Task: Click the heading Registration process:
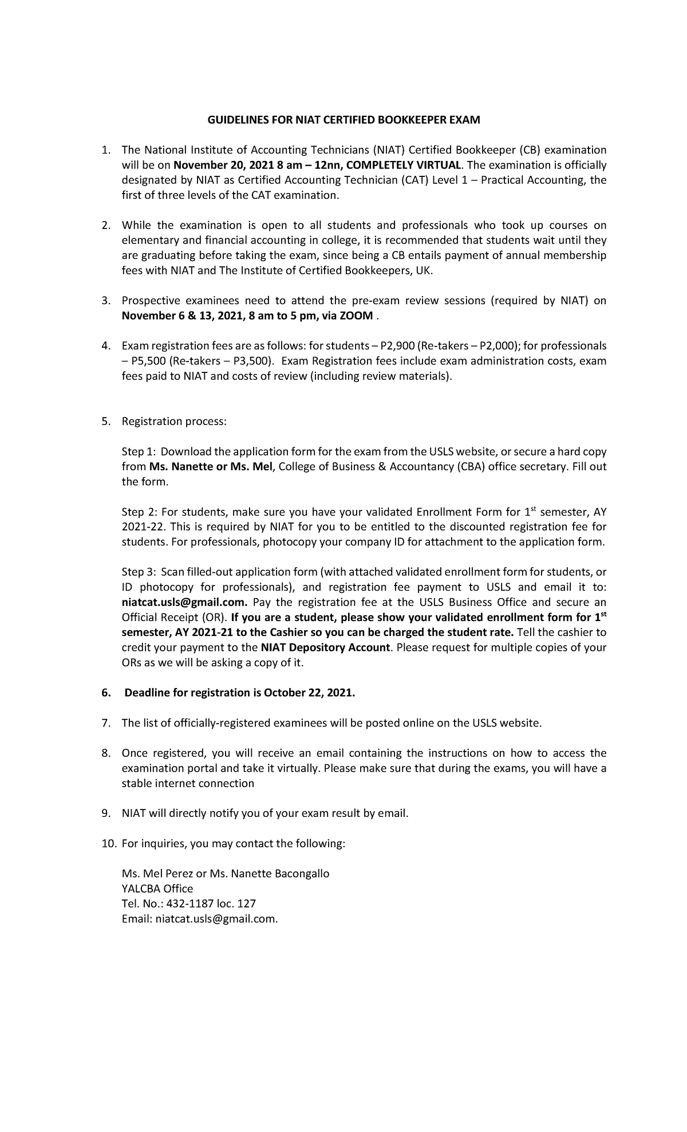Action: point(174,422)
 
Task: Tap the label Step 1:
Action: point(138,451)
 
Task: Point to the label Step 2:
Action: point(138,512)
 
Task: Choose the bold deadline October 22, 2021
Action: point(309,693)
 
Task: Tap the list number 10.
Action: point(108,843)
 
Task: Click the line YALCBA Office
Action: point(157,889)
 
